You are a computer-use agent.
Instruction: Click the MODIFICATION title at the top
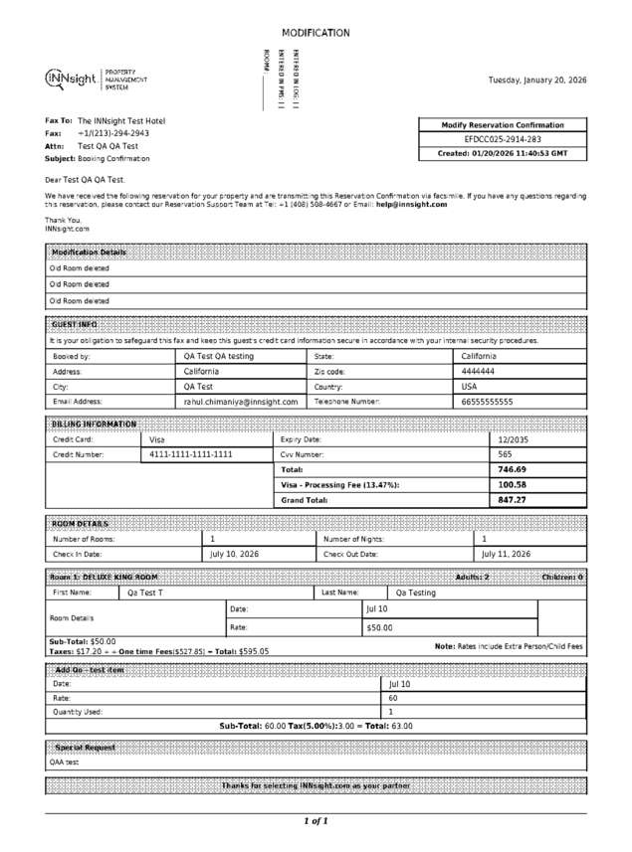[316, 33]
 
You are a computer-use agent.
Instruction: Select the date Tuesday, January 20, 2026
[536, 80]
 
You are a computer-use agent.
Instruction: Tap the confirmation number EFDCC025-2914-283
[504, 139]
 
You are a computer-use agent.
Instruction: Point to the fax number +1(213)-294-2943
[113, 132]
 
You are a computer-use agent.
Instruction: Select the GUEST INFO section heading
[74, 324]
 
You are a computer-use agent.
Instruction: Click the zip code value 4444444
[478, 371]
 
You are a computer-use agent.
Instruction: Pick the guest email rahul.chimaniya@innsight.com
[240, 402]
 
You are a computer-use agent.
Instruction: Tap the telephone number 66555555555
[487, 402]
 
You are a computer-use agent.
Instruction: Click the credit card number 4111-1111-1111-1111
[191, 453]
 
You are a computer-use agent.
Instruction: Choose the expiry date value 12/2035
[514, 438]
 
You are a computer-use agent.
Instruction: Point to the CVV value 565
[505, 453]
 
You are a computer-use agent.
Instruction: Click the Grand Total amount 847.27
[512, 500]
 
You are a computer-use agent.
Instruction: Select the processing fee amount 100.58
[512, 484]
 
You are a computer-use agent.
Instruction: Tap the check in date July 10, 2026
[235, 554]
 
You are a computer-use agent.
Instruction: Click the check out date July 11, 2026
[506, 554]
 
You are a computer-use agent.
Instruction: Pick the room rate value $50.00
[379, 627]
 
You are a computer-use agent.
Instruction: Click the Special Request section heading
[85, 747]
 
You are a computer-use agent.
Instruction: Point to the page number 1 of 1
[316, 821]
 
